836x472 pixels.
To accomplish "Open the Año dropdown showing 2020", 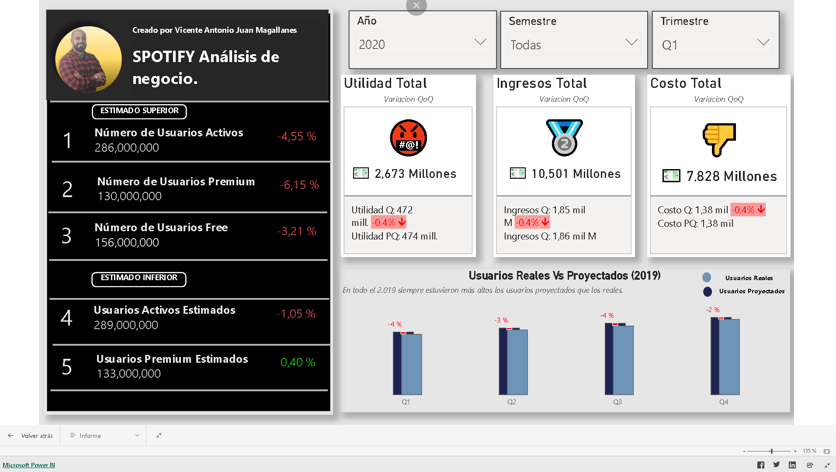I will pos(422,44).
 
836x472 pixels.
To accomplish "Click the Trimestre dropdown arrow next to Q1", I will pos(763,43).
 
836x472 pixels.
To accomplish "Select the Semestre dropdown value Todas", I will pos(573,45).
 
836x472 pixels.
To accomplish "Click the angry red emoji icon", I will pos(408,138).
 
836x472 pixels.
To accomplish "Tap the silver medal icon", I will pos(564,138).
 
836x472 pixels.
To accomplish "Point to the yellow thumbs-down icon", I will pos(719,139).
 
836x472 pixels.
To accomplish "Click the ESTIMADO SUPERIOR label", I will pos(139,111).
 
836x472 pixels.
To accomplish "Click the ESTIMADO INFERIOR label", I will pos(139,278).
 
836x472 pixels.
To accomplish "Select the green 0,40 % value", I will pos(298,362).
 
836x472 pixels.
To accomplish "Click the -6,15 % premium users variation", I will pos(299,185).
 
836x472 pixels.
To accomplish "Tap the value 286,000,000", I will pos(127,148).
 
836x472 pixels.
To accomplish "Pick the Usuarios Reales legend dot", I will pos(707,278).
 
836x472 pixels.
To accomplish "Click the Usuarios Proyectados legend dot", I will pos(708,292).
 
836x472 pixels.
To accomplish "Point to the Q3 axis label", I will pos(617,402).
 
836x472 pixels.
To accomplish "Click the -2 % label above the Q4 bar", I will pos(712,310).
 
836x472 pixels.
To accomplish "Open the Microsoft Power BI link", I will pos(29,465).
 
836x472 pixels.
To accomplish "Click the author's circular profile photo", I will pos(88,59).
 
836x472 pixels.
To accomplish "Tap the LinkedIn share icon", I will pos(792,465).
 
